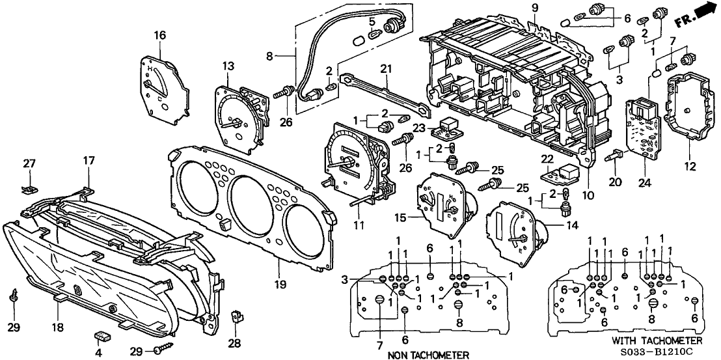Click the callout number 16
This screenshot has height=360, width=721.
(160, 35)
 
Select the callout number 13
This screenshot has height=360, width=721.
(228, 66)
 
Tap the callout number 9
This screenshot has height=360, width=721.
(535, 8)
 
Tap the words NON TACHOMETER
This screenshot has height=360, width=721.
(428, 354)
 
